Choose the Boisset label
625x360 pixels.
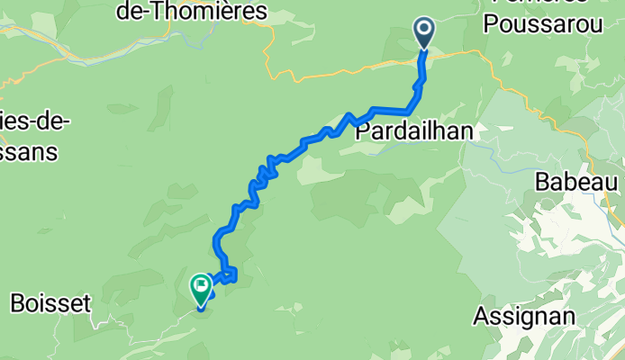pos(50,304)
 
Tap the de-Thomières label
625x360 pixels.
pos(193,12)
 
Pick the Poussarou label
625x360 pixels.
pos(542,25)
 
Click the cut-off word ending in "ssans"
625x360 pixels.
pos(29,152)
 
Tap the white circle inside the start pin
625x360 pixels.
pos(425,31)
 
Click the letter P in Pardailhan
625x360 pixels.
pos(363,131)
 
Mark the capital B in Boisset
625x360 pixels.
pos(17,304)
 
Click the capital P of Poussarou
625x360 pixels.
pos(490,25)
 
